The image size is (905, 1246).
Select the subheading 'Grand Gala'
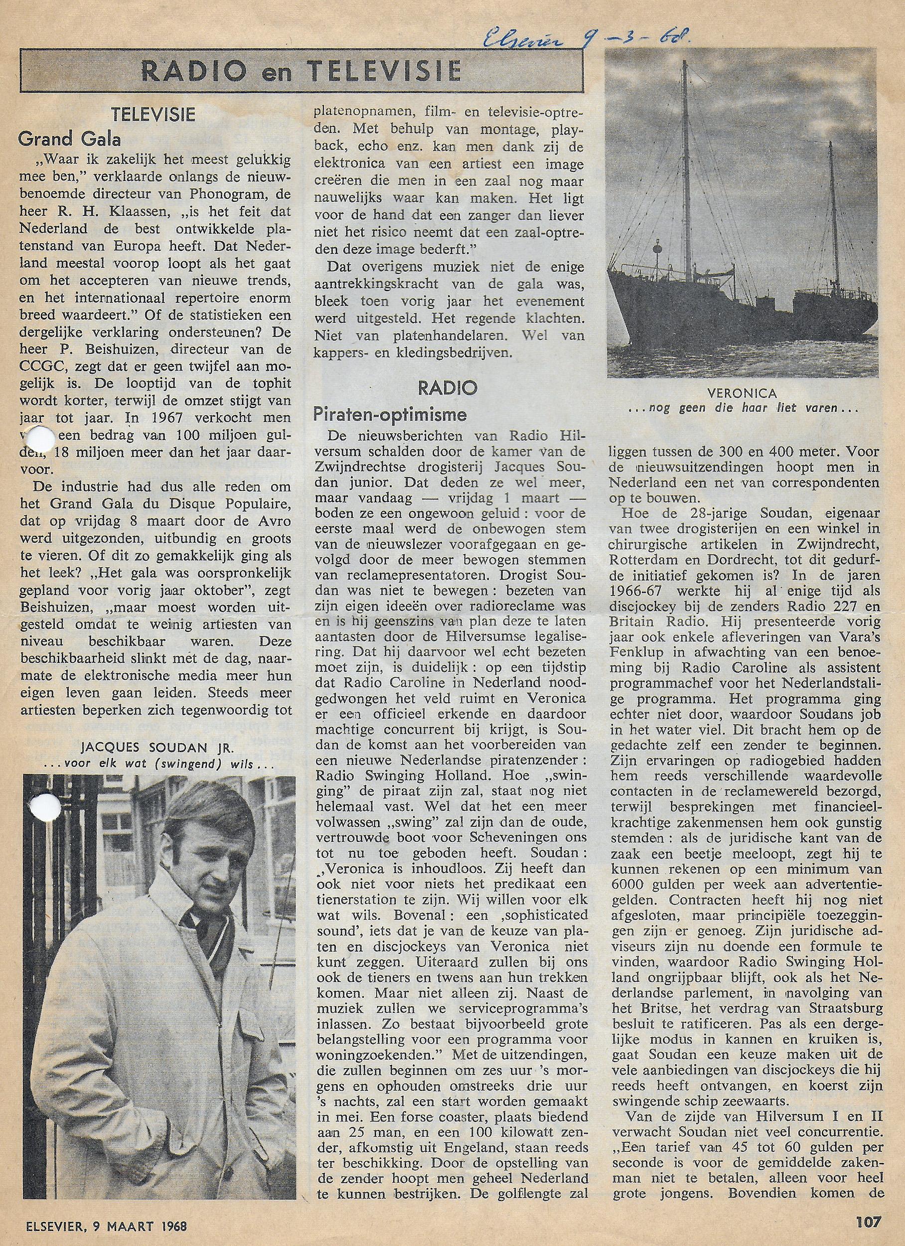click(69, 140)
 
